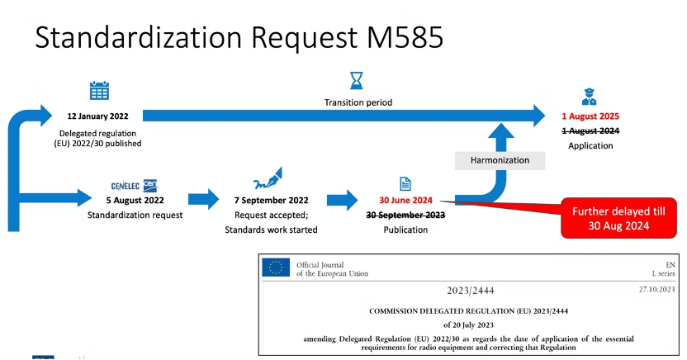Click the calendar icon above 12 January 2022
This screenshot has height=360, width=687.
[x=99, y=91]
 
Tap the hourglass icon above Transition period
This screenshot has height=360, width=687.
[x=357, y=81]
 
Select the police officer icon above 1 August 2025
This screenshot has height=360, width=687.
[x=589, y=97]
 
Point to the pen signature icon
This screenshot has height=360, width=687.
[x=268, y=178]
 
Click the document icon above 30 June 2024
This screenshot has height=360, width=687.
[x=405, y=184]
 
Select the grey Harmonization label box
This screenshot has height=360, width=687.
[x=500, y=161]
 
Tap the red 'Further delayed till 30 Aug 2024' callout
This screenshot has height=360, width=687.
[x=618, y=218]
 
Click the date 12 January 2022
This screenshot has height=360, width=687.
[x=97, y=116]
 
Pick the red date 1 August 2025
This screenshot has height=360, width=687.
[x=590, y=116]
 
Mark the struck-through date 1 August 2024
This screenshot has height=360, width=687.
[x=590, y=130]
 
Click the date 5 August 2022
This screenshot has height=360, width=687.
[x=135, y=200]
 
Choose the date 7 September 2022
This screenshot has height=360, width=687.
[x=271, y=200]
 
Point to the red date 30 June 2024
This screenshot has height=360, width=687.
[x=405, y=200]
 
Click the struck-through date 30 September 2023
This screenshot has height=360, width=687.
[x=405, y=215]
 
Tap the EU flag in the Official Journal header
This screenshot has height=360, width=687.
[x=276, y=268]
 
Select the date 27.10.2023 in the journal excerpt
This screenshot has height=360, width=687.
[x=656, y=290]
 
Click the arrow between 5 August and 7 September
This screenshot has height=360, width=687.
[x=204, y=200]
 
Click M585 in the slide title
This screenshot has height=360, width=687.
[x=405, y=37]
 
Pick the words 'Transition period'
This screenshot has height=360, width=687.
[x=358, y=102]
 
